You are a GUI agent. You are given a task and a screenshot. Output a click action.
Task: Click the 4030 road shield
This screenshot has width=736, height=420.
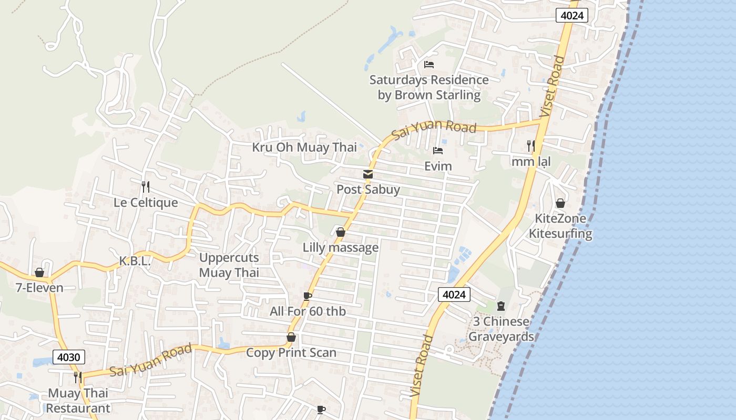click(x=68, y=358)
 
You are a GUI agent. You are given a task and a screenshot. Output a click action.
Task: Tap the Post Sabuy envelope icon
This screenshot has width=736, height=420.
click(x=367, y=174)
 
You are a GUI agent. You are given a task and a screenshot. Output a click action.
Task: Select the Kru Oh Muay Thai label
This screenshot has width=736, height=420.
click(x=304, y=148)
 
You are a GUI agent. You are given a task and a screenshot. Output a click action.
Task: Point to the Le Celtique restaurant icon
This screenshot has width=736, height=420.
click(x=146, y=186)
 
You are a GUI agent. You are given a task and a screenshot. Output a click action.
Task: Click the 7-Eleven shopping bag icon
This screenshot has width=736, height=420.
click(x=39, y=272)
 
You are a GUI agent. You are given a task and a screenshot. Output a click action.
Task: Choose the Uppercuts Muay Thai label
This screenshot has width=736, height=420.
click(x=229, y=265)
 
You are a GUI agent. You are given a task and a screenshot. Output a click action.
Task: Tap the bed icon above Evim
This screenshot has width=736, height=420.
click(x=437, y=151)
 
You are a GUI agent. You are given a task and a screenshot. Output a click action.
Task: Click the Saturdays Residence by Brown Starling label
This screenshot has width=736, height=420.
click(x=429, y=88)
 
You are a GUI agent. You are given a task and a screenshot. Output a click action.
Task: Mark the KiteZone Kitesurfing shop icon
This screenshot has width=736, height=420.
click(x=560, y=203)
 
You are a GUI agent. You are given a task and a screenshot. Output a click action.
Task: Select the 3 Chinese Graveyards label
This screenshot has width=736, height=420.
click(x=501, y=329)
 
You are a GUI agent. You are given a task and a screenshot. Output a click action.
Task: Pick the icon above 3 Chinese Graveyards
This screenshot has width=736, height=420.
click(x=500, y=306)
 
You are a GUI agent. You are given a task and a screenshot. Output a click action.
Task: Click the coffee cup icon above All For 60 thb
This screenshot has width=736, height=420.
click(x=308, y=297)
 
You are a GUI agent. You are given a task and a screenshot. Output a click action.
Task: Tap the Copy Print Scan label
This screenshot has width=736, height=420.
click(x=291, y=353)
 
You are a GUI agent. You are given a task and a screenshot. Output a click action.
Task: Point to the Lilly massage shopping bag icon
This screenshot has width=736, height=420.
click(x=341, y=232)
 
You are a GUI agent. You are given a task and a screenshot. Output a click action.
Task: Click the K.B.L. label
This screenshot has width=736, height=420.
click(x=135, y=261)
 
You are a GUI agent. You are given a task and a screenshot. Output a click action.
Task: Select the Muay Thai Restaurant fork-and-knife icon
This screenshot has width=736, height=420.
click(x=78, y=377)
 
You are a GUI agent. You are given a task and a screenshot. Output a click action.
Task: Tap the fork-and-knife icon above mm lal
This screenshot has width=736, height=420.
click(x=531, y=145)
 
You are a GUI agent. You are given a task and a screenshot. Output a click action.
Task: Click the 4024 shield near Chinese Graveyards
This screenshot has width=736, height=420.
click(x=454, y=295)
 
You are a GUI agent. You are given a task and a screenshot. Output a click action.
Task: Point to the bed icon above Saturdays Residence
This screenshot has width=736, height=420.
click(x=429, y=65)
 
